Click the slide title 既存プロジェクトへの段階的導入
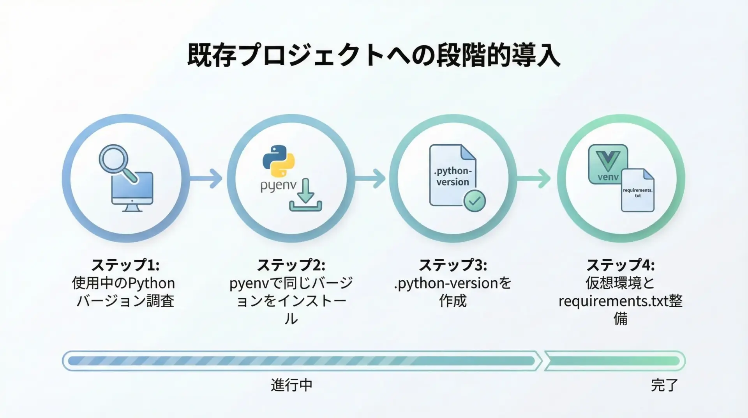[x=374, y=56]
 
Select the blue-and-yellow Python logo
[x=279, y=161]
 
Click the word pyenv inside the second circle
[x=278, y=186]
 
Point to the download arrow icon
[x=305, y=195]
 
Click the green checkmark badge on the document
[x=474, y=201]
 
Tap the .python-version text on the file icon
[x=453, y=177]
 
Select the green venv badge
[x=608, y=164]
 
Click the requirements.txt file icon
[x=638, y=190]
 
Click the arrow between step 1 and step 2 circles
[x=206, y=179]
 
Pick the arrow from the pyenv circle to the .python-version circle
[x=370, y=179]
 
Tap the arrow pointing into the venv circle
[x=534, y=179]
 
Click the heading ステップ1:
[x=125, y=265]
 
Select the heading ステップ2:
[x=291, y=265]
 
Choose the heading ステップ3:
[x=453, y=265]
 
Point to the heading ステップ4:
[x=621, y=265]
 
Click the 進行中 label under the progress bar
[x=292, y=385]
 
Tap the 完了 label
[x=665, y=385]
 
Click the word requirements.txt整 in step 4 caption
[x=621, y=301]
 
